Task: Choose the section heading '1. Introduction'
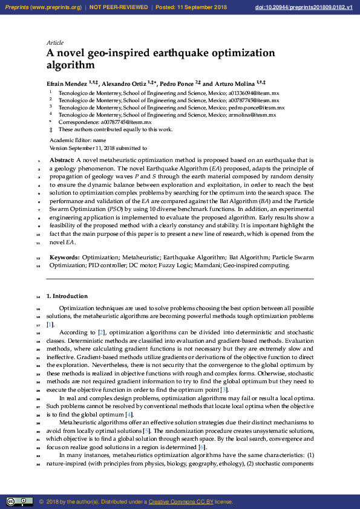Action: [67, 296]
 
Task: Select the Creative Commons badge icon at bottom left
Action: [19, 501]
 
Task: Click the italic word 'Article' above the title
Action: [55, 43]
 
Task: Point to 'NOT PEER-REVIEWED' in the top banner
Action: [119, 7]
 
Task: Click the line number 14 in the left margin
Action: [38, 297]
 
